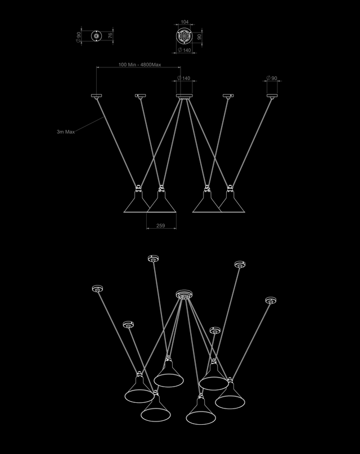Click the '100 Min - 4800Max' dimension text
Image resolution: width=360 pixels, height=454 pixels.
click(x=139, y=65)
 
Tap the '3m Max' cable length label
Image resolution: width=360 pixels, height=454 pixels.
click(x=66, y=131)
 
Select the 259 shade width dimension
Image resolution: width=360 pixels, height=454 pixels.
click(x=160, y=225)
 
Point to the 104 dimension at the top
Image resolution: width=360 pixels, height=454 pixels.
click(x=184, y=22)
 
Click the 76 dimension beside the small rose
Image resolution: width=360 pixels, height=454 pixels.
click(x=110, y=36)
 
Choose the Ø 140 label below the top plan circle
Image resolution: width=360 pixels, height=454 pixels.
click(x=184, y=50)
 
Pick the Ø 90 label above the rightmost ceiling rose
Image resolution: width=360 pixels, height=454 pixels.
click(x=272, y=78)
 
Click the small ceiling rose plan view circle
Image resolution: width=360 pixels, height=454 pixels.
click(x=97, y=36)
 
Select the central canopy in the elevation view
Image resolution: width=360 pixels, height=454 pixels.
click(x=184, y=96)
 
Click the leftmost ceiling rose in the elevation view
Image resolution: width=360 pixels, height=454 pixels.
click(x=97, y=96)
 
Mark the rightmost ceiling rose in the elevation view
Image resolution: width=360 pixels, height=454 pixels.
click(x=272, y=96)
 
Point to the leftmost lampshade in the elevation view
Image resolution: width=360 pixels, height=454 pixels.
click(x=137, y=201)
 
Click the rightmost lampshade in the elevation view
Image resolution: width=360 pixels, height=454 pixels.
click(x=231, y=201)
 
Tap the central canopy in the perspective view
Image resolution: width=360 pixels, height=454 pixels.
click(x=184, y=295)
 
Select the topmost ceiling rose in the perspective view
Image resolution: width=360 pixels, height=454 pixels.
click(x=154, y=258)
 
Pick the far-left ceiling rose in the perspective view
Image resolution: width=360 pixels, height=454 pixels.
click(x=98, y=289)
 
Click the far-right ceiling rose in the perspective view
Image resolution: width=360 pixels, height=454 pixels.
click(x=271, y=300)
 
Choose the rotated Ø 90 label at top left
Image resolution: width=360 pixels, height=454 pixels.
click(x=78, y=37)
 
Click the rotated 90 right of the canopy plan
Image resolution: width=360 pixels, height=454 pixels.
click(x=199, y=37)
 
